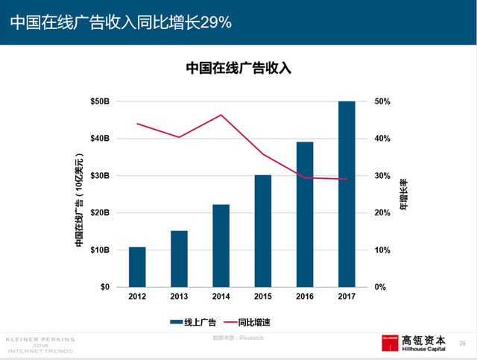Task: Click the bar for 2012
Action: [137, 267]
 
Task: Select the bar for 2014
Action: [221, 246]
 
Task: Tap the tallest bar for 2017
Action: [347, 194]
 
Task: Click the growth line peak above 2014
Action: [221, 115]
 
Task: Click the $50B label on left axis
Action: [100, 101]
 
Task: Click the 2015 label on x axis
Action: [262, 297]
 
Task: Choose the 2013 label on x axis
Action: [179, 297]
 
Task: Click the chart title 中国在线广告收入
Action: [238, 69]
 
